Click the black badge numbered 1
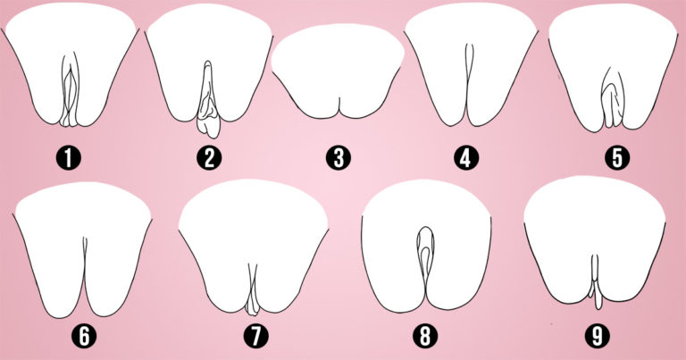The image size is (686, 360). (x=69, y=158)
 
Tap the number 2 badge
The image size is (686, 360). (x=209, y=158)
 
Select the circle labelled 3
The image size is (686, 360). (x=339, y=158)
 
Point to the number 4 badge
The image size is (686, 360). (x=466, y=158)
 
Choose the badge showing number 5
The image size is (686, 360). (x=617, y=158)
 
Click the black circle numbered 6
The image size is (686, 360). (x=84, y=338)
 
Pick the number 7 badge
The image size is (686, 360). (x=256, y=338)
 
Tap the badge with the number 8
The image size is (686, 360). (x=425, y=338)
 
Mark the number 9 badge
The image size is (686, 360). (x=598, y=338)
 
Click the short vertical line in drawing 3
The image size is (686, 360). (x=339, y=107)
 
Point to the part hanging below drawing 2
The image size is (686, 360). (x=208, y=128)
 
